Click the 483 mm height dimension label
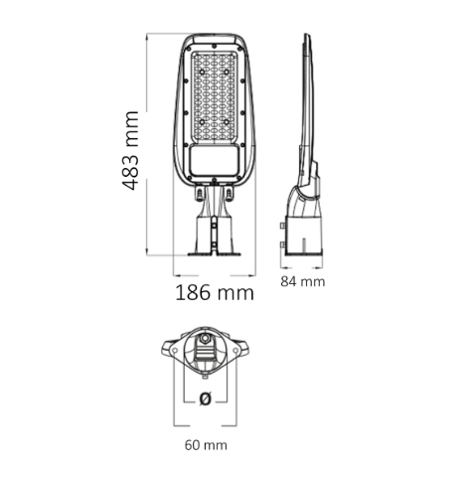click(x=130, y=150)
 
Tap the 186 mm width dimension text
click(x=215, y=292)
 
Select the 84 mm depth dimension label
click(x=303, y=282)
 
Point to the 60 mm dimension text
click(x=206, y=445)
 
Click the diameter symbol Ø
click(x=206, y=399)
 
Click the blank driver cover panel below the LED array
click(x=215, y=161)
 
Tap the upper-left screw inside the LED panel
click(x=202, y=72)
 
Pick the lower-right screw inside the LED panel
click(x=227, y=122)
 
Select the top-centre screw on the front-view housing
click(x=215, y=46)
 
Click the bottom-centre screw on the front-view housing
click(x=215, y=180)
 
